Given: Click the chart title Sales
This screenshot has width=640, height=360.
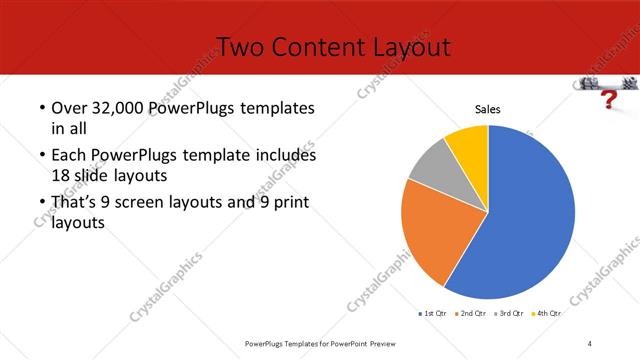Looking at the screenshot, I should point(487,110).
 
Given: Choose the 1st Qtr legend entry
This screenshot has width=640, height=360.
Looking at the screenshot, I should point(432,313).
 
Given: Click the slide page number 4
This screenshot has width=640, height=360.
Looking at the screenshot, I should point(590,343).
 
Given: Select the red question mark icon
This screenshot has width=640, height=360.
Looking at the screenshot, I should point(607,99).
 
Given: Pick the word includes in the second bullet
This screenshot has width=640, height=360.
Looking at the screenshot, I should point(286,156).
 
